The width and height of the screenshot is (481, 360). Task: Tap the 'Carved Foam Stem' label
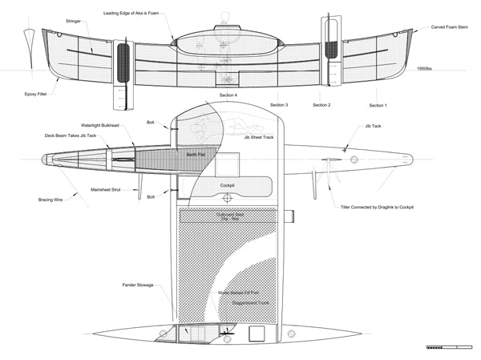(x=449, y=27)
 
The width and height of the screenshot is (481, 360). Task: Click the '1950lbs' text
(x=426, y=69)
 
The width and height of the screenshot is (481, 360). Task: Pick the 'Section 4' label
(x=228, y=95)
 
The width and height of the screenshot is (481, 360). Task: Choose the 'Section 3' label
(x=279, y=105)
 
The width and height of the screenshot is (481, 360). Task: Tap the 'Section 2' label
(x=321, y=105)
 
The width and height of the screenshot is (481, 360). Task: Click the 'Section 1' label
(x=378, y=105)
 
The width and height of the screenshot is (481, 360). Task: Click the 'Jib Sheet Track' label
(x=258, y=137)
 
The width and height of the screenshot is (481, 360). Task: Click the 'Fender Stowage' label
(x=139, y=285)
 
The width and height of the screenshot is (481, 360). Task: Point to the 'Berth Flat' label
(x=196, y=153)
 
